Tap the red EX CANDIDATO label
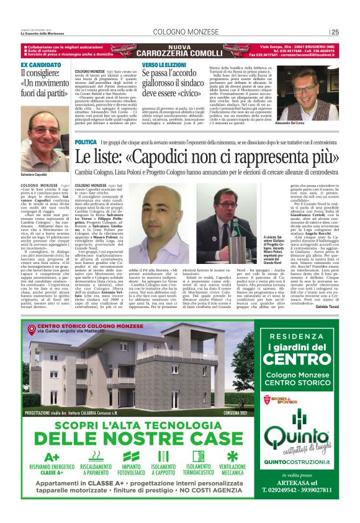(x=41, y=65)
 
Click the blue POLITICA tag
(x=85, y=142)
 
